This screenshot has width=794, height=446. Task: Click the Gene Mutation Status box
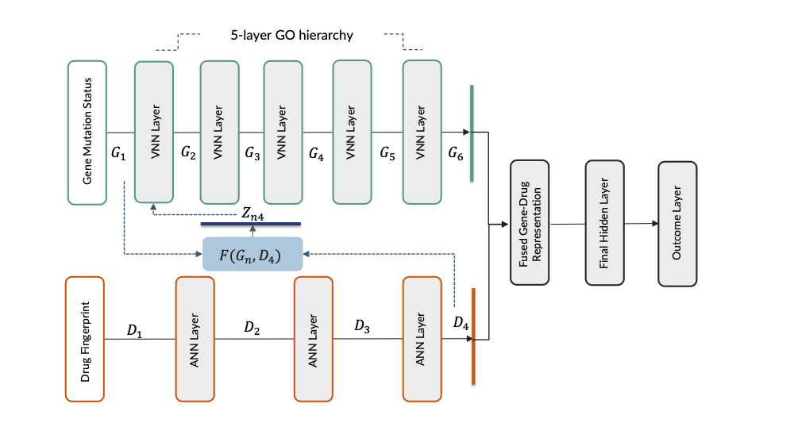click(87, 133)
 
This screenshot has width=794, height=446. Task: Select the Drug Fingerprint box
click(87, 340)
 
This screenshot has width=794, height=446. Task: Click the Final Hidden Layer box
click(604, 224)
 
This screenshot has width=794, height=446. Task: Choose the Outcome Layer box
click(677, 224)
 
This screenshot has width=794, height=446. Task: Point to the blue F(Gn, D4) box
click(252, 254)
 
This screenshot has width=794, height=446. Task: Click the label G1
click(119, 152)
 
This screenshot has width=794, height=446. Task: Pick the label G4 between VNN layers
click(316, 152)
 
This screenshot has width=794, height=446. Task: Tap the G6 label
click(456, 152)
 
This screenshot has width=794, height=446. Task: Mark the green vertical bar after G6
click(472, 133)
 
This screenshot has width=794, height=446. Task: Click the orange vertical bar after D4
click(473, 337)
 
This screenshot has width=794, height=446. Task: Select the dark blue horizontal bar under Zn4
click(250, 224)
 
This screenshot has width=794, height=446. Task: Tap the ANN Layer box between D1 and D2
click(195, 339)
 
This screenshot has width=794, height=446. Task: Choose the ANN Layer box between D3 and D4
click(422, 339)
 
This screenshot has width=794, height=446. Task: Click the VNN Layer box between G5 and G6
click(422, 133)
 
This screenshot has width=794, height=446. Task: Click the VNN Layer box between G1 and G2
click(154, 133)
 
